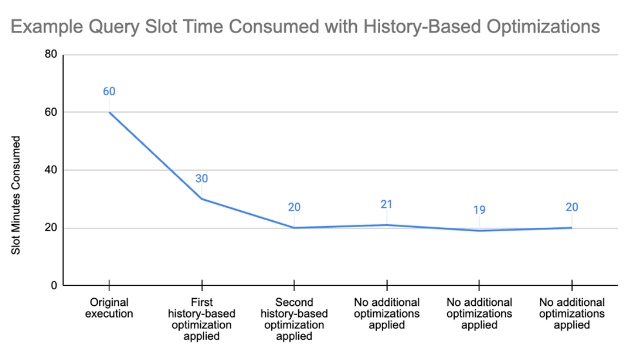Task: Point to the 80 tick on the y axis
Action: point(50,55)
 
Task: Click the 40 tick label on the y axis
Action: point(50,170)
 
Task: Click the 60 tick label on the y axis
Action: point(50,112)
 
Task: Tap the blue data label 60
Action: point(109,91)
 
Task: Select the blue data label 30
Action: point(202,179)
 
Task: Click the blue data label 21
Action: point(386,204)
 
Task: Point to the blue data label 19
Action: point(479,209)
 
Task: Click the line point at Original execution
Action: point(109,112)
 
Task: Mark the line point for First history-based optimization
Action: point(202,199)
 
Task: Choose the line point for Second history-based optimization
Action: point(294,227)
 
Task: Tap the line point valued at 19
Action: point(479,231)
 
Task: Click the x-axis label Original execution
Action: point(109,308)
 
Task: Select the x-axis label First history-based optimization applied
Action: point(202,319)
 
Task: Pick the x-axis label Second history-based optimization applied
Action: point(294,319)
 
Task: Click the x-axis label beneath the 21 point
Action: point(387,313)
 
